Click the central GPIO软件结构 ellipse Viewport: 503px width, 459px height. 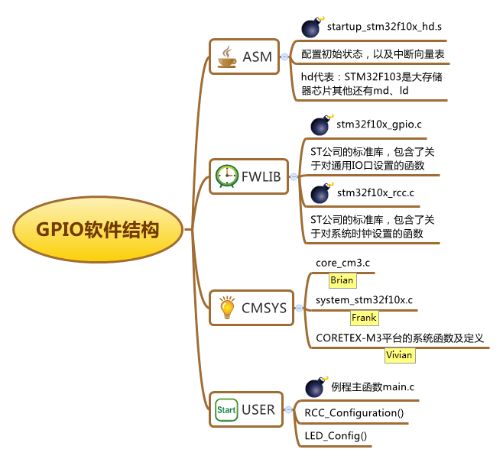pos(98,229)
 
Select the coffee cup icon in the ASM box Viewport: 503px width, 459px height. pos(227,57)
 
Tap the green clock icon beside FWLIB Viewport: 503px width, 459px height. pos(227,176)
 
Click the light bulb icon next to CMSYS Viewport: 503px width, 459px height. pos(227,307)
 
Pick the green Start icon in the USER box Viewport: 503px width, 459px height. pos(226,409)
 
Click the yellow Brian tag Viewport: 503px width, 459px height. pos(342,280)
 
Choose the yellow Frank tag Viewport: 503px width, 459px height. pos(364,318)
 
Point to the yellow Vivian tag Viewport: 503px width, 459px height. pos(400,355)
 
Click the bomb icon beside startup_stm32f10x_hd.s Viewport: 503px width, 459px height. pos(313,27)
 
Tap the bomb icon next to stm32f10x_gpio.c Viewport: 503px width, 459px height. pos(322,124)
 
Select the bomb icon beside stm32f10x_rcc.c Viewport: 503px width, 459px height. pos(322,193)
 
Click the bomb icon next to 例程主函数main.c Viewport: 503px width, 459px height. pos(316,387)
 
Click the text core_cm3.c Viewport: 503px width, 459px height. pos(342,263)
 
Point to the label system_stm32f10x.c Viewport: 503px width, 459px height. pos(364,300)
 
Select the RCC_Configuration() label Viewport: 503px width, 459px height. pos(354,413)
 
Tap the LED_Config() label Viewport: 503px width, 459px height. pos(336,436)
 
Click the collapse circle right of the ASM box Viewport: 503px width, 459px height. pos(284,57)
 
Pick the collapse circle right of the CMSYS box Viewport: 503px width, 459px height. pos(299,308)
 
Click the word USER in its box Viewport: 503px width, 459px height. pos(258,409)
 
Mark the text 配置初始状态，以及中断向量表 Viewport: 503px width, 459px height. pos(373,54)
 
